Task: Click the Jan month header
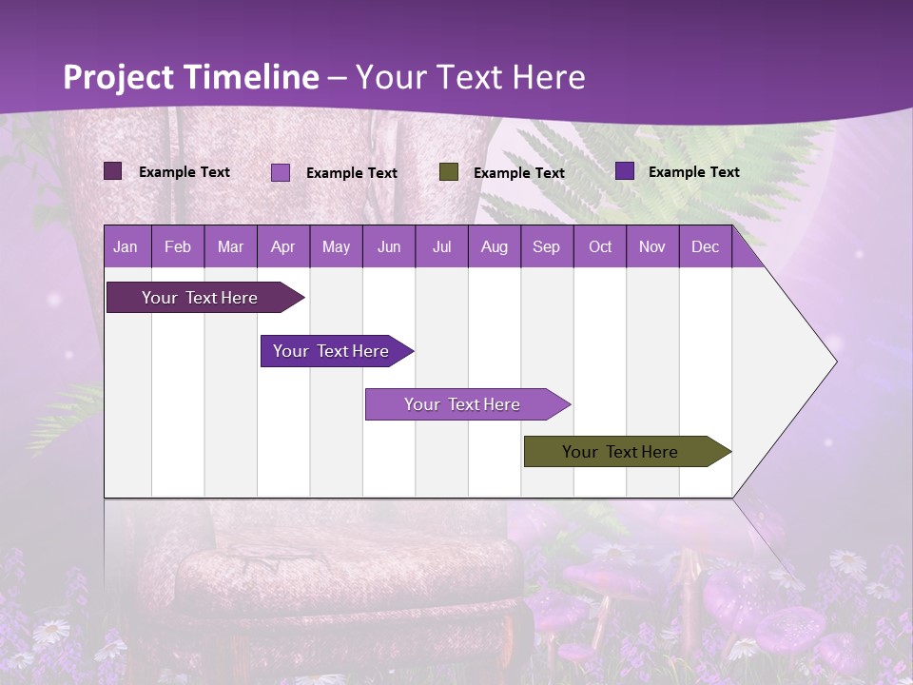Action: point(126,247)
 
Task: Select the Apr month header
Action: point(282,247)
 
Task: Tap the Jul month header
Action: point(441,247)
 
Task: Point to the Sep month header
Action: point(546,247)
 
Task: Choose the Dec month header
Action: point(705,247)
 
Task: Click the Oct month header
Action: point(600,247)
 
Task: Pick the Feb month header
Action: point(178,247)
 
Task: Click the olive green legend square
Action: point(449,172)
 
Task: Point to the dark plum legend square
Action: point(112,171)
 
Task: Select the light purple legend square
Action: point(281,172)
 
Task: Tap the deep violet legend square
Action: point(625,171)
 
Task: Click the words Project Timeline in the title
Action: point(190,77)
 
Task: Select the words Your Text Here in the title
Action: point(470,77)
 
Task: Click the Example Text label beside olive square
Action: point(518,173)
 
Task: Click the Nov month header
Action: point(652,247)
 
